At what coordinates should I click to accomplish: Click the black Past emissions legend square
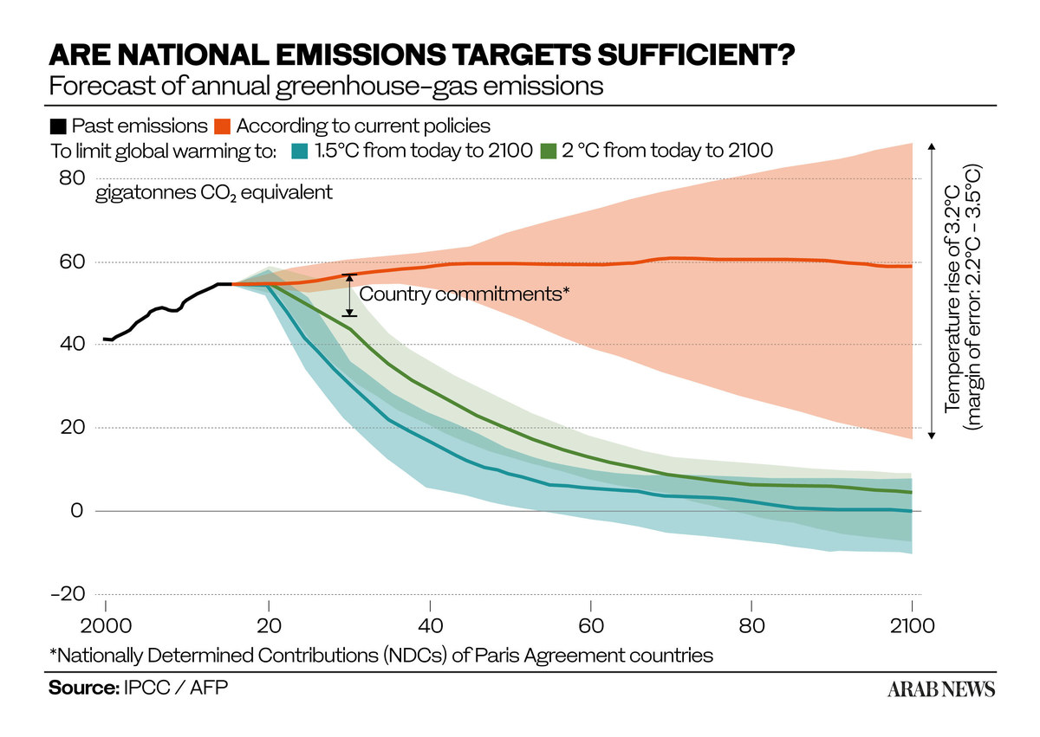point(58,126)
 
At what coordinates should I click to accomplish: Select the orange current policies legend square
point(223,126)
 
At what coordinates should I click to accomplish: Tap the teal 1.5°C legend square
point(300,152)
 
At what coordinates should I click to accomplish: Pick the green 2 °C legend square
point(549,152)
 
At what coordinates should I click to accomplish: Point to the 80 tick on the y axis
point(72,178)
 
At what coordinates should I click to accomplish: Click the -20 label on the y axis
point(68,593)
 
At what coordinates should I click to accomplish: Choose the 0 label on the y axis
point(77,511)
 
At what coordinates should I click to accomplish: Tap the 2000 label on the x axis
point(106,626)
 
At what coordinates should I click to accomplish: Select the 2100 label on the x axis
point(912,626)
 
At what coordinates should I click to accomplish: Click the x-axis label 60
point(590,626)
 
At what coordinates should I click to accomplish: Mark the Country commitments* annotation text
point(465,294)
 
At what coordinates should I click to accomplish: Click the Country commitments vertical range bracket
point(349,295)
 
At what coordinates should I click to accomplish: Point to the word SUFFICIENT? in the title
point(695,55)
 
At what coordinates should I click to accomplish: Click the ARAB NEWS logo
point(941,689)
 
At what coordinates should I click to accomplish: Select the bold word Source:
point(84,688)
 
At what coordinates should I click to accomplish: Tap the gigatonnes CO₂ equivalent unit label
point(214,192)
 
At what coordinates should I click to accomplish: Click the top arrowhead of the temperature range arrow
point(932,146)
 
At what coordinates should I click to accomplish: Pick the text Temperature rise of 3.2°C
point(952,298)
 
